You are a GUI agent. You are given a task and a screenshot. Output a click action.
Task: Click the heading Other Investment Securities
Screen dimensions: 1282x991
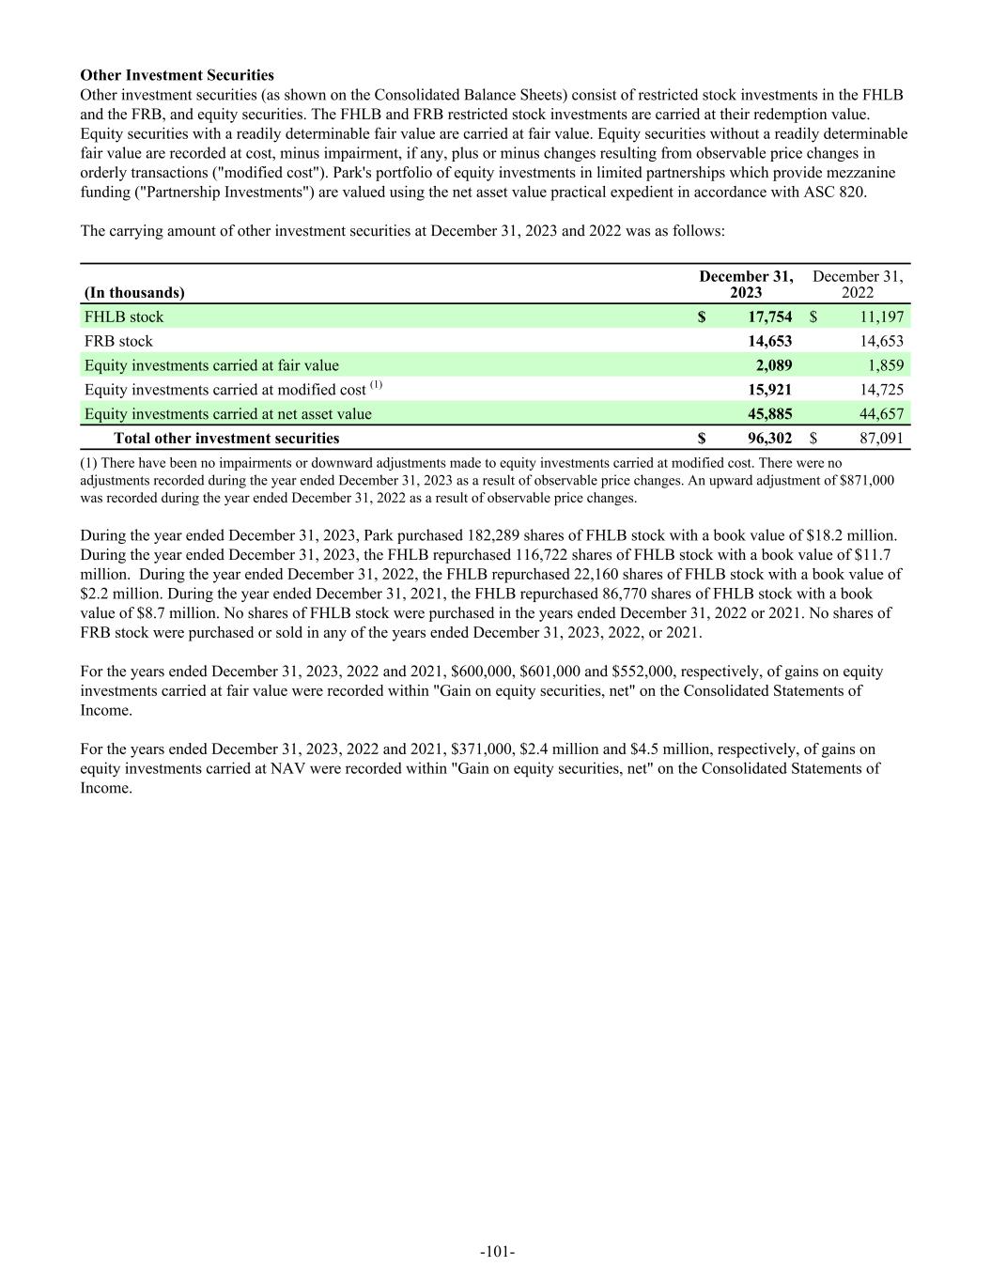pos(177,75)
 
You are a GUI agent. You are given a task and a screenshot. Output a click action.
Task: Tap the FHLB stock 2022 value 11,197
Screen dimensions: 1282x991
pos(880,317)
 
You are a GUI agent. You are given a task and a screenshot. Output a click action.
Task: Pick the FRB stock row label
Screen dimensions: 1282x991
pos(118,342)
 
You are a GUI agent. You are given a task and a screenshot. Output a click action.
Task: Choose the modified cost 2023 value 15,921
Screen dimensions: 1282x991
pos(769,390)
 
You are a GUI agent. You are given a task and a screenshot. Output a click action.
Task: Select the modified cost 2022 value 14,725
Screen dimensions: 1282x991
pos(880,390)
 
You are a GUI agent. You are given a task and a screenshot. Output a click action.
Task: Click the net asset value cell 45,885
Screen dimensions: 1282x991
pos(769,414)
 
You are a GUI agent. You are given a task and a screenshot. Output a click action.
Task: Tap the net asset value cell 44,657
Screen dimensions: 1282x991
pos(880,414)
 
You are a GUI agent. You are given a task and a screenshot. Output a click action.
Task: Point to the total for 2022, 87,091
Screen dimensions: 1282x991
pos(880,439)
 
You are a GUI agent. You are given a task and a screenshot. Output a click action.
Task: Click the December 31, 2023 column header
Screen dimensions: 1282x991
pos(746,285)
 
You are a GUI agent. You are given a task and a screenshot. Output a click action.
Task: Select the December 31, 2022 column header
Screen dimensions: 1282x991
pos(858,285)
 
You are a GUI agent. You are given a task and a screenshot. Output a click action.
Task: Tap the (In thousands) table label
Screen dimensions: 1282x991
pos(134,293)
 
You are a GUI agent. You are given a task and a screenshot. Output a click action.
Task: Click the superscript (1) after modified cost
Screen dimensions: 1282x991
pos(376,385)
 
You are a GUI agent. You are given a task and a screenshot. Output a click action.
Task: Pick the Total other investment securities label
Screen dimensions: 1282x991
pos(226,439)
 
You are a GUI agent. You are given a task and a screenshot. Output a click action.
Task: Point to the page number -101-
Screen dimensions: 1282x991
pos(497,1252)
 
